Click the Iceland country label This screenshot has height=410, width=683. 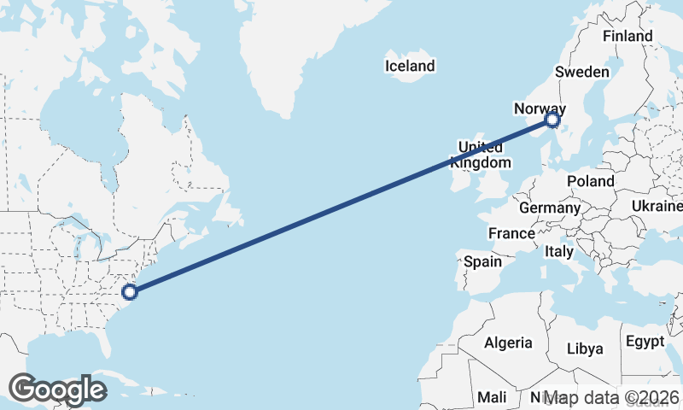pos(410,66)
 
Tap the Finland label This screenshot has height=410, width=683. pos(627,36)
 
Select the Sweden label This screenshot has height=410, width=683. pos(581,72)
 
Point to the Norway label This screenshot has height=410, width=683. pos(540,108)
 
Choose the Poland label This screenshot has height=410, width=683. pos(591,181)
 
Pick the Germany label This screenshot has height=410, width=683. pos(549,208)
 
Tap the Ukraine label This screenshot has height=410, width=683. pos(657,207)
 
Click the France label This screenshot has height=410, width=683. pos(511,233)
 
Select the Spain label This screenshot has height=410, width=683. pos(482,262)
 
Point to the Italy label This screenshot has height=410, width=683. pos(559,252)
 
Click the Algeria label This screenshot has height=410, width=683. pos(508,343)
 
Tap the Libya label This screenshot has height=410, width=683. pos(585,348)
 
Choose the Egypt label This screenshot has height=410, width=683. pos(645,342)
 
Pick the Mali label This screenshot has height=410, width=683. pos(492,397)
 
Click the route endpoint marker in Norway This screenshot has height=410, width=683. pos(552,121)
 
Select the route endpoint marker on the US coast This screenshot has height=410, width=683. pos(129,292)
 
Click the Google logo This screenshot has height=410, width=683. pos(57,389)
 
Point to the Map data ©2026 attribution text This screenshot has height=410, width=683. pos(610,397)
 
